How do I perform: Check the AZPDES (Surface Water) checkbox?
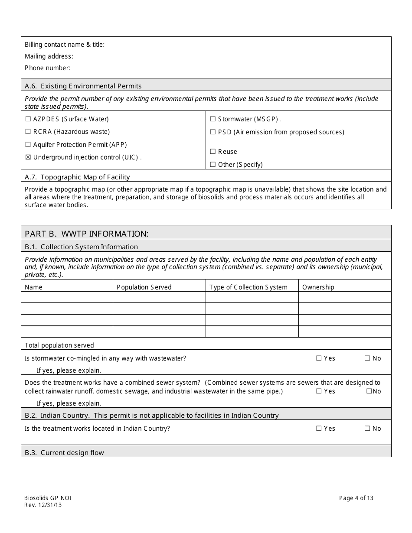pos(28,119)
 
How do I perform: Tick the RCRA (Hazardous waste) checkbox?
pos(28,132)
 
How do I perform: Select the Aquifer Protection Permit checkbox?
pos(28,145)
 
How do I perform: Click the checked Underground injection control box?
pos(28,157)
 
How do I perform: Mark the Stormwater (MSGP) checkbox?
pos(213,119)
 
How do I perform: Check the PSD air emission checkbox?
pos(213,132)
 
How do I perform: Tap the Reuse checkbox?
pos(213,152)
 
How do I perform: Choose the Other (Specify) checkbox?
pos(213,165)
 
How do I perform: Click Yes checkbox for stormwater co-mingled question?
pos(319,358)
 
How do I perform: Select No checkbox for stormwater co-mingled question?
pos(367,358)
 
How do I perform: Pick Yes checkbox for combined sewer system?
pos(319,391)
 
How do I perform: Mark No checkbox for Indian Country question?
pos(367,429)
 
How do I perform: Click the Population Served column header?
pos(144,287)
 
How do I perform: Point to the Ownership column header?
pos(318,287)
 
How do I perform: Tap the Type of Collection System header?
pos(248,287)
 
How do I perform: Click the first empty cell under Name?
pos(67,297)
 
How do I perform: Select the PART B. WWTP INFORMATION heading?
pos(86,234)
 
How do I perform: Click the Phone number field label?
pos(47,68)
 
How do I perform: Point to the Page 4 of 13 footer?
pos(356,498)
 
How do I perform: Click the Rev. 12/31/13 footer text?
pos(43,505)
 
